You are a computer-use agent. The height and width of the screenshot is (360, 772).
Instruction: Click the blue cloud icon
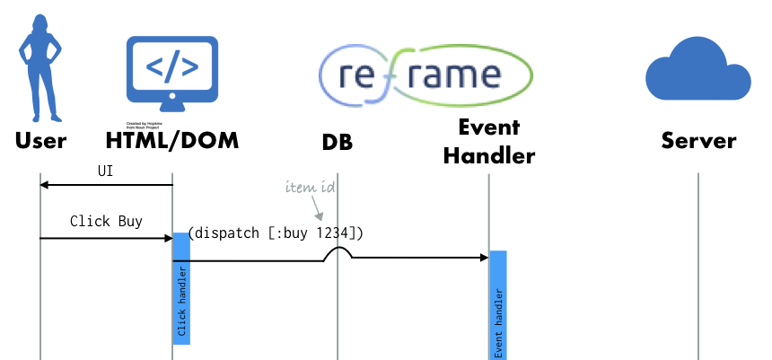[x=698, y=69]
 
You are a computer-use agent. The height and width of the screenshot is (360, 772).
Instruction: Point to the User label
[x=40, y=141]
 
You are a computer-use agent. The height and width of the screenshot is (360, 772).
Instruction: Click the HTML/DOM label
[x=172, y=141]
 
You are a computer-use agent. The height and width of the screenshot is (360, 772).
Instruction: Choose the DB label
[x=338, y=143]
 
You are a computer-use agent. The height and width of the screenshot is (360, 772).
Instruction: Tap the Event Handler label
[x=489, y=141]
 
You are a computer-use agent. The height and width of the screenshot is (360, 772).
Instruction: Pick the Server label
[x=698, y=141]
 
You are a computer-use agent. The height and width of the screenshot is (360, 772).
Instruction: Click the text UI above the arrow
[x=106, y=171]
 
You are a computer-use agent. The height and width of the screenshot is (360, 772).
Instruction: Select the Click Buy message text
[x=106, y=222]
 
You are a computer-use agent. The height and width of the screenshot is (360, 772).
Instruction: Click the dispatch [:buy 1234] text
[x=276, y=233]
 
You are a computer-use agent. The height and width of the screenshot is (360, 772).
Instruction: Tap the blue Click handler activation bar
[x=181, y=288]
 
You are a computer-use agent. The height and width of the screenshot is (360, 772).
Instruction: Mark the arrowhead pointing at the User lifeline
[x=45, y=185]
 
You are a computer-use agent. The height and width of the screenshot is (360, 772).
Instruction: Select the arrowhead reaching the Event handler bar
[x=484, y=259]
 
